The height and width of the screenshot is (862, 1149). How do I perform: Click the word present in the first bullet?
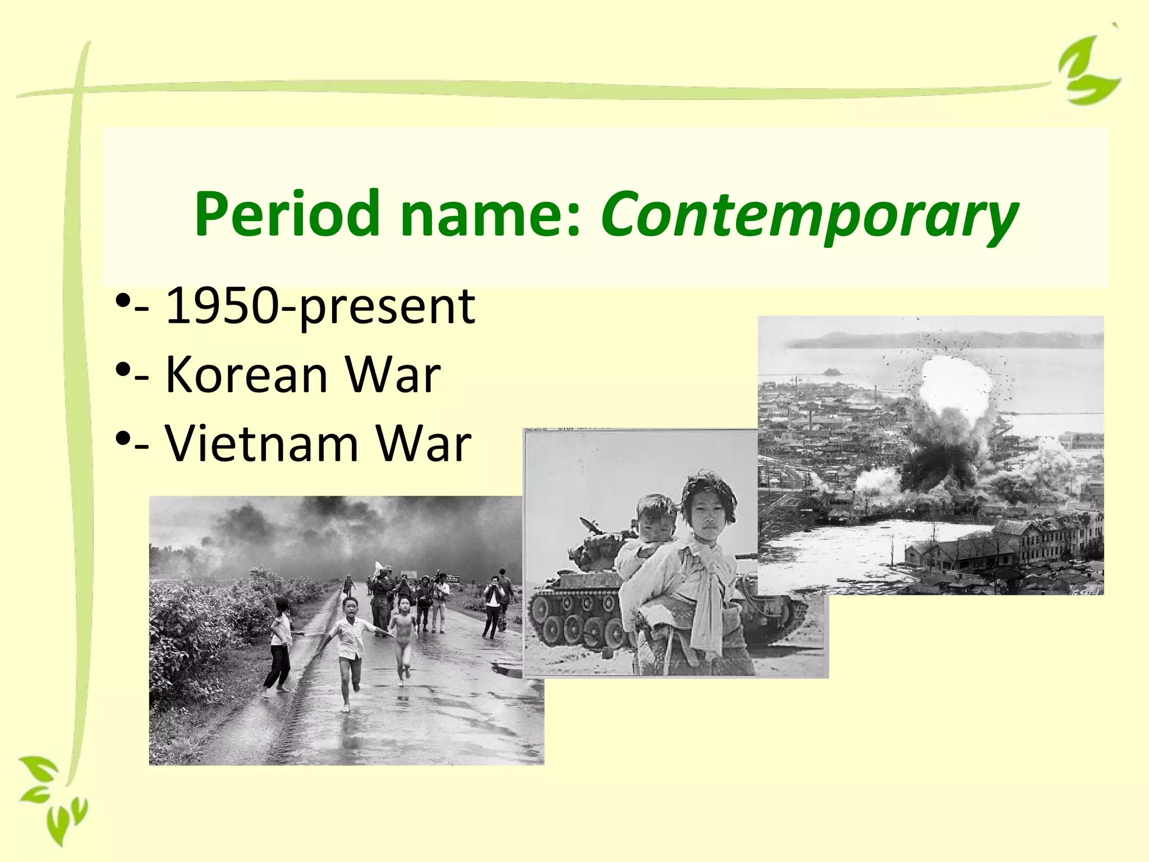(387, 308)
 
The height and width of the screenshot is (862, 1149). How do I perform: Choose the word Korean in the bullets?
(247, 374)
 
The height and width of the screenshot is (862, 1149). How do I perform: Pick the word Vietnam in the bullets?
(261, 443)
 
